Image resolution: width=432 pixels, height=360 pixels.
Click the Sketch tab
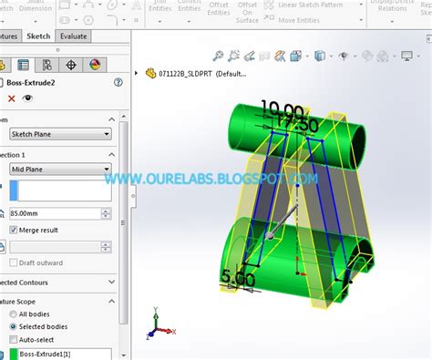(x=39, y=36)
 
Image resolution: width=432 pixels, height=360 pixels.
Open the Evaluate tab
(x=74, y=36)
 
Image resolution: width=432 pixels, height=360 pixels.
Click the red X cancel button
(x=12, y=98)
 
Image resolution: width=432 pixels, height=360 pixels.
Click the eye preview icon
(x=28, y=98)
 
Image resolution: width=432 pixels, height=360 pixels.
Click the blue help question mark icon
(x=118, y=82)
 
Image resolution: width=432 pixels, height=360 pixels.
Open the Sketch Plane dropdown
(x=60, y=134)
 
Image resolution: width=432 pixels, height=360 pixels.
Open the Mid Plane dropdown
(x=60, y=169)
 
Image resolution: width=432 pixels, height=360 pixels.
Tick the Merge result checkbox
(x=15, y=230)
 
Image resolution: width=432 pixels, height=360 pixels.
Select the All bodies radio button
(x=13, y=313)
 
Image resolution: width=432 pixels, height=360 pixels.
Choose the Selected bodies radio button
(x=13, y=326)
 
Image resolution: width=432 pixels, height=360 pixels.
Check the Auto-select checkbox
(x=13, y=339)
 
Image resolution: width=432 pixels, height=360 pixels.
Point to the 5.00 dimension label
(x=236, y=275)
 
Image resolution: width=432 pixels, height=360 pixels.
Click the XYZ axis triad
(x=157, y=324)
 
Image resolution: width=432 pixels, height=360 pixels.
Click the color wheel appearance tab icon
(x=96, y=65)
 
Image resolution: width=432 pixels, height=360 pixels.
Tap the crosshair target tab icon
(x=72, y=65)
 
